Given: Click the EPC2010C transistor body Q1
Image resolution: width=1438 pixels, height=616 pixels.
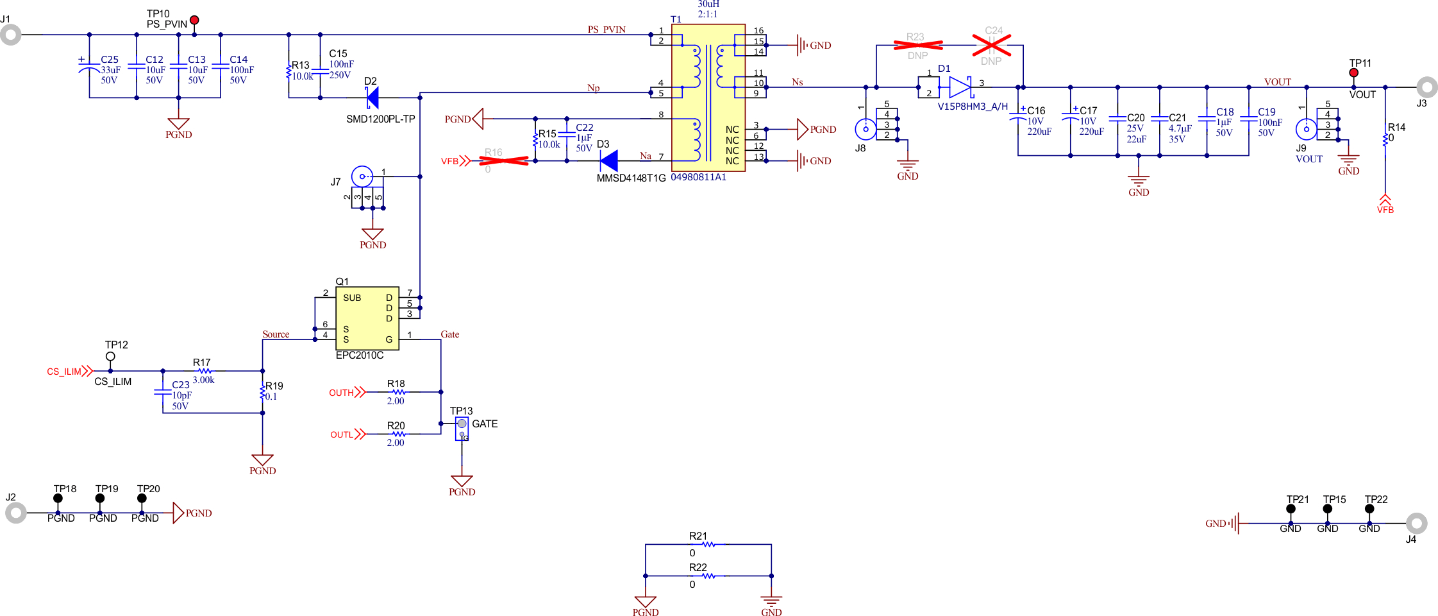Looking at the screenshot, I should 367,318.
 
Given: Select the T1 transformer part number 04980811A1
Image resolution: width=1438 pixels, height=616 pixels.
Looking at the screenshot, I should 698,177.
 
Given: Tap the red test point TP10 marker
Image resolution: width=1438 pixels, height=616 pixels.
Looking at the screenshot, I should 194,21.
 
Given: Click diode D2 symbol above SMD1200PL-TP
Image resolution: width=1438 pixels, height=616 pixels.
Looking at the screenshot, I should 372,98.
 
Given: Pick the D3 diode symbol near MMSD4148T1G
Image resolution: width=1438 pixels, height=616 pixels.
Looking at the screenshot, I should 609,160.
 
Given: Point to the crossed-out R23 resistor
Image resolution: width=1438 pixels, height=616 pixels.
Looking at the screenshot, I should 917,45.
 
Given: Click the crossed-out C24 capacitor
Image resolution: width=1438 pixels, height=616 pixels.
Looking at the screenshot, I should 991,45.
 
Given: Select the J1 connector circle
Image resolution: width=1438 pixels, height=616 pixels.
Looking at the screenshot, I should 10,35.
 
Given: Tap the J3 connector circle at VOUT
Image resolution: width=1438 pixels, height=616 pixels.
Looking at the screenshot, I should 1426,87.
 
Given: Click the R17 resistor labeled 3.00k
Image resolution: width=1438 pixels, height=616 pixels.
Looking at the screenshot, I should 204,371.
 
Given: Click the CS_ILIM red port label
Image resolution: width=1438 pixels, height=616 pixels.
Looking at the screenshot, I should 64,372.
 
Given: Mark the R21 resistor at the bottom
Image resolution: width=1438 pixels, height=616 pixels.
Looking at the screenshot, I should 708,544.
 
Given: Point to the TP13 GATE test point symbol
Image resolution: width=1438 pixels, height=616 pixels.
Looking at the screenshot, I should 462,424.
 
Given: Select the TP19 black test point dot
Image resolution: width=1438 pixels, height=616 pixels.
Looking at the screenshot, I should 100,498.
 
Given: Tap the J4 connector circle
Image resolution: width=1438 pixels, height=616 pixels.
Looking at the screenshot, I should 1416,524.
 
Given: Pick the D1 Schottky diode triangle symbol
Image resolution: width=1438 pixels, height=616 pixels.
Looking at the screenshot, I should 960,87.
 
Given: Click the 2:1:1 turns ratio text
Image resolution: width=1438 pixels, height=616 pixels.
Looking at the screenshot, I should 707,14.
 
